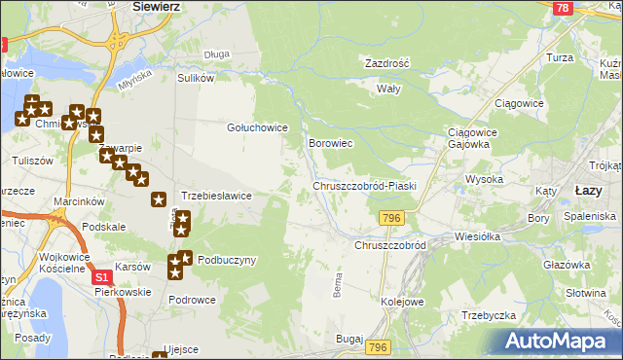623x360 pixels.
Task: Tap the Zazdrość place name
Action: tap(386, 62)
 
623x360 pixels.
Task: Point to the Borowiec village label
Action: tap(330, 143)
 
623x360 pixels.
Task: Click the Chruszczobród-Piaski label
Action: tap(364, 185)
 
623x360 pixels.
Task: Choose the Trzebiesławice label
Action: tap(216, 196)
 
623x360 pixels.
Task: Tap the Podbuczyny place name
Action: tap(227, 260)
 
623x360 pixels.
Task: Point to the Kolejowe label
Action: tap(402, 302)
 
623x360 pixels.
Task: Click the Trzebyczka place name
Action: tap(488, 315)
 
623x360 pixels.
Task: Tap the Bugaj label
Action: tap(348, 338)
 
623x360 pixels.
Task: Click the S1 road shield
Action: tap(102, 277)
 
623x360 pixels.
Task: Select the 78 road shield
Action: tap(561, 8)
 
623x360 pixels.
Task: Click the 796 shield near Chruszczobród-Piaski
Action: tap(392, 218)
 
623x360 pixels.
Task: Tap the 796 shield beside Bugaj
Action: tap(379, 347)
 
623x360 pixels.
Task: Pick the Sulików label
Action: tap(195, 77)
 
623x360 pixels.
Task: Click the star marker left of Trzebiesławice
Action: tap(159, 199)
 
